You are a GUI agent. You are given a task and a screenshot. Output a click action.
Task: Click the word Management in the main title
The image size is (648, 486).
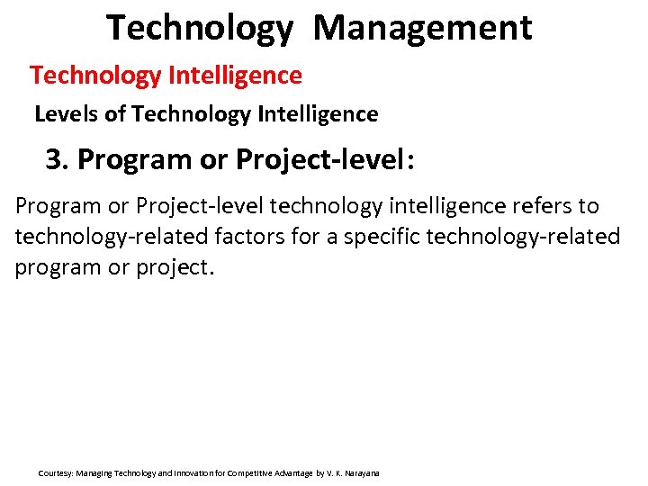[x=422, y=28]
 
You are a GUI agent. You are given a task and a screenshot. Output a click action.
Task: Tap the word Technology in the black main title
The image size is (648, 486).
[x=199, y=28]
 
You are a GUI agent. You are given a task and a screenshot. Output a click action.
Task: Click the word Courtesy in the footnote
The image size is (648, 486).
[x=55, y=472]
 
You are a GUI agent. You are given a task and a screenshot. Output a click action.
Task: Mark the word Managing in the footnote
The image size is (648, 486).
[x=94, y=472]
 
